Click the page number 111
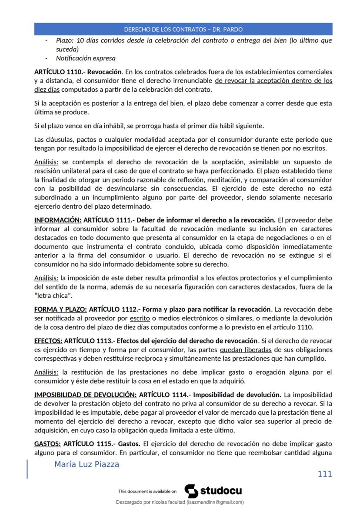tap(325, 474)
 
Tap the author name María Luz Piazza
tap(87, 464)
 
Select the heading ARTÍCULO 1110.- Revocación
tap(78, 72)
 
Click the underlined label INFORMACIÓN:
tap(57, 220)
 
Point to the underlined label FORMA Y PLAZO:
tap(60, 309)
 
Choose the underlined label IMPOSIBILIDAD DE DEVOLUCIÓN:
tap(85, 395)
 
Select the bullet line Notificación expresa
tap(86, 58)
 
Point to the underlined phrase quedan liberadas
tap(246, 350)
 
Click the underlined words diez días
tap(47, 90)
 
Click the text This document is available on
tap(147, 491)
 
